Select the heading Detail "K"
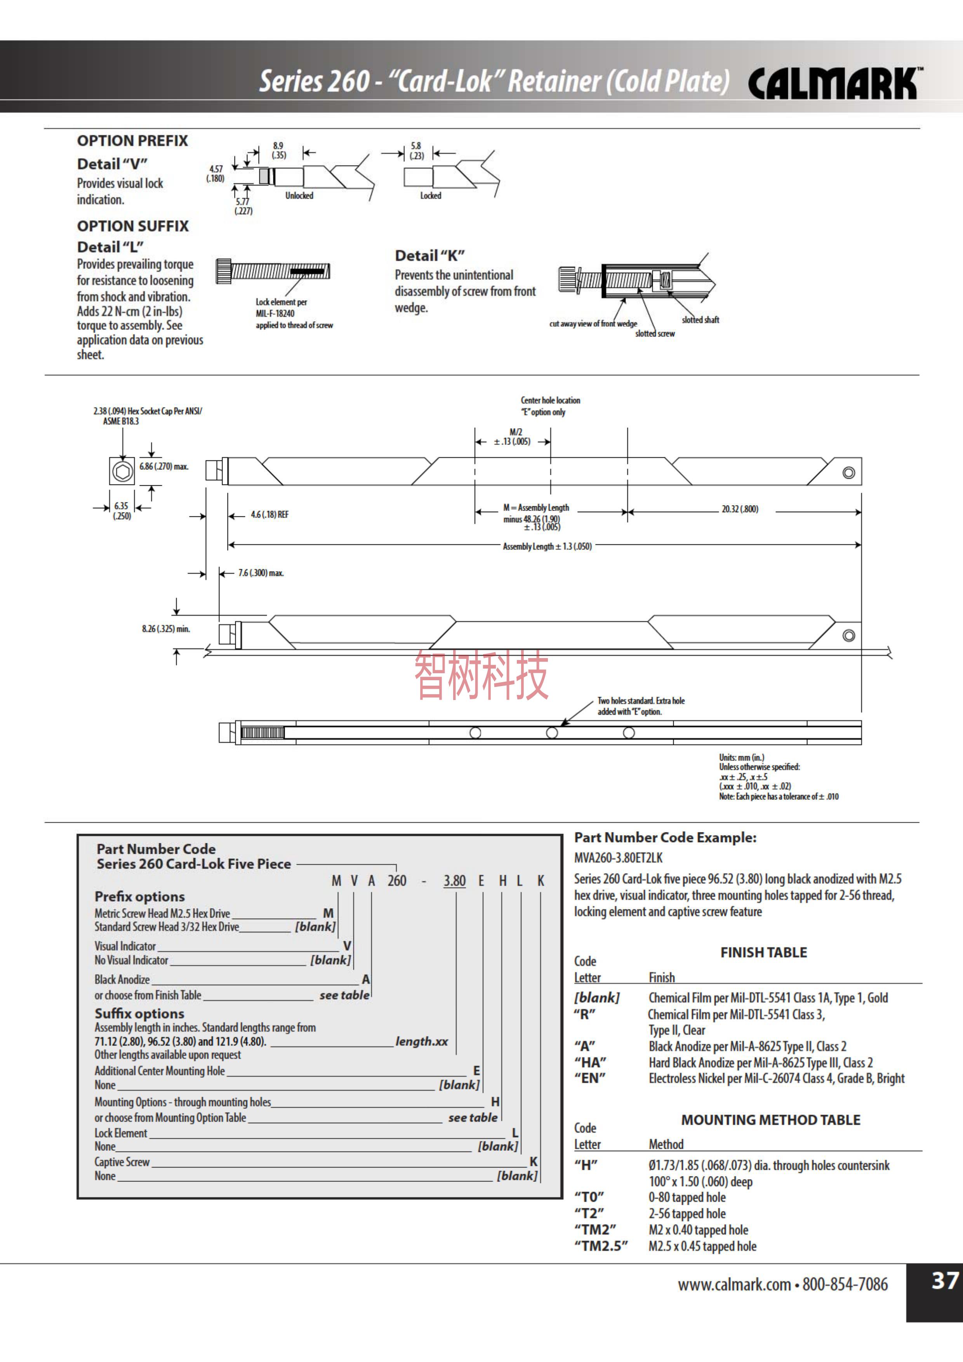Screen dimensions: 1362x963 [429, 256]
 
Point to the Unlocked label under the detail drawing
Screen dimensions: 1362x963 [299, 196]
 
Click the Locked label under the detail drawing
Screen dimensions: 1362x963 [431, 196]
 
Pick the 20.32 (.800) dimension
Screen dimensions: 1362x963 [739, 509]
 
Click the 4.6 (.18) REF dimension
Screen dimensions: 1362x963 [269, 515]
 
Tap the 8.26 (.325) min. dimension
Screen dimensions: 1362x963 [165, 629]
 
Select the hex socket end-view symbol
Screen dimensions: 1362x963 [122, 472]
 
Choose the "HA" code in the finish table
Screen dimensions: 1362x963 [590, 1062]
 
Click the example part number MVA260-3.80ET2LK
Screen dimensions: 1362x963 [618, 858]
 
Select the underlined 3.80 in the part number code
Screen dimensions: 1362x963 [454, 881]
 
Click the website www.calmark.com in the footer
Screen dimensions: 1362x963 [734, 1285]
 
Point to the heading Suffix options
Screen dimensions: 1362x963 [139, 1013]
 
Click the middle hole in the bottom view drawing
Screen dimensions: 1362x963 [552, 733]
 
